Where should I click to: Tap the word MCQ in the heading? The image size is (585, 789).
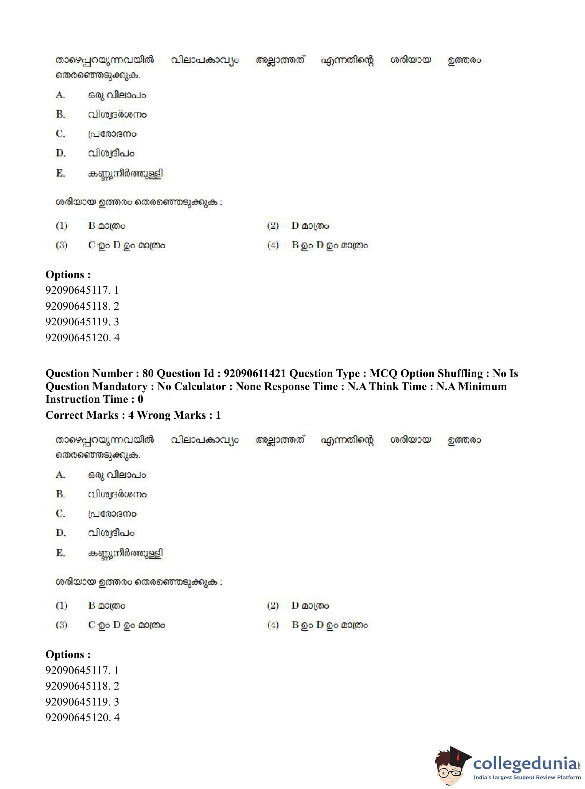click(x=384, y=373)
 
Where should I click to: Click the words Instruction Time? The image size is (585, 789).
click(x=87, y=399)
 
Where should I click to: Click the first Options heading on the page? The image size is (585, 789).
click(x=68, y=274)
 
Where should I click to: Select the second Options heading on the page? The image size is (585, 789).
click(x=68, y=655)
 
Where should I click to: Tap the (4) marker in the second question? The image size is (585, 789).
click(x=273, y=625)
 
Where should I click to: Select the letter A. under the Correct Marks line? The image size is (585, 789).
click(x=61, y=474)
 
